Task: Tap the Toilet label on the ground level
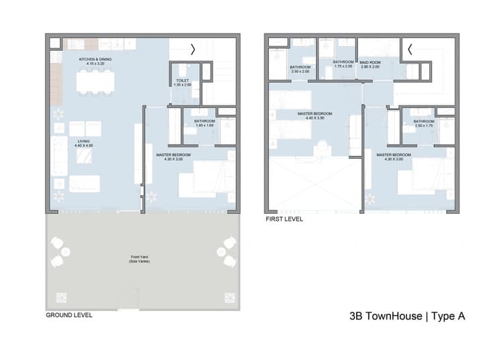(x=182, y=82)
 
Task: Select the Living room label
(x=83, y=141)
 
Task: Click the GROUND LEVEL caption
(x=69, y=314)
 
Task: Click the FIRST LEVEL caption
(x=284, y=219)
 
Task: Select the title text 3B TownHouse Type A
(x=407, y=316)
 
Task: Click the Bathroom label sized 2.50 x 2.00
(x=300, y=67)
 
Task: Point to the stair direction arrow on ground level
(x=194, y=49)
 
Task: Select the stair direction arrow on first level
(x=410, y=49)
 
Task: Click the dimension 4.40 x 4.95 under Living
(x=83, y=144)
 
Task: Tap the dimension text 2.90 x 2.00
(x=370, y=67)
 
